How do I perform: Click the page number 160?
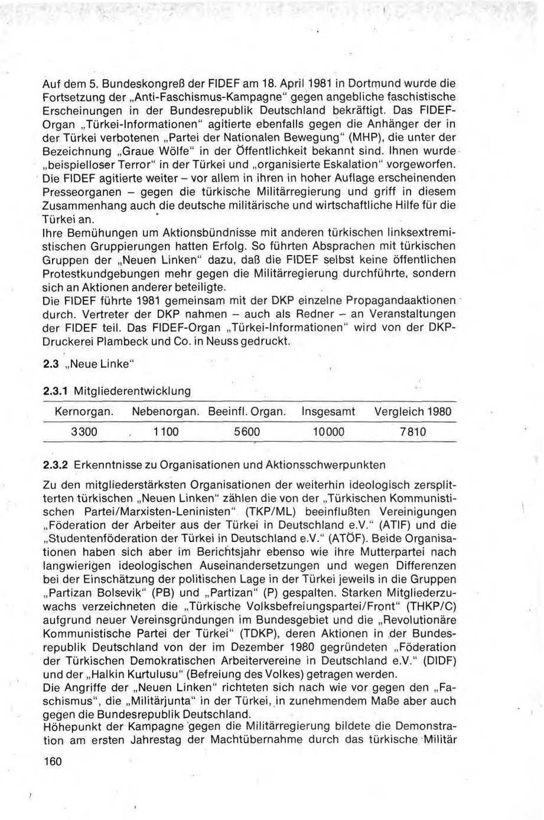pos(53,761)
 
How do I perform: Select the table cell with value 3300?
pos(84,431)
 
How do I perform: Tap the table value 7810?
pos(412,431)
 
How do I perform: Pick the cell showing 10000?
pos(328,431)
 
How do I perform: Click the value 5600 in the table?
pos(246,431)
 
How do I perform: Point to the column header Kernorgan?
pos(84,412)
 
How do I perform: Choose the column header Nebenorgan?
pos(165,412)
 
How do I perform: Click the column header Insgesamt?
pos(328,412)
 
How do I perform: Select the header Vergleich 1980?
pos(412,412)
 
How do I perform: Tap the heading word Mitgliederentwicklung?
pos(132,391)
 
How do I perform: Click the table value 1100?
pos(166,431)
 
